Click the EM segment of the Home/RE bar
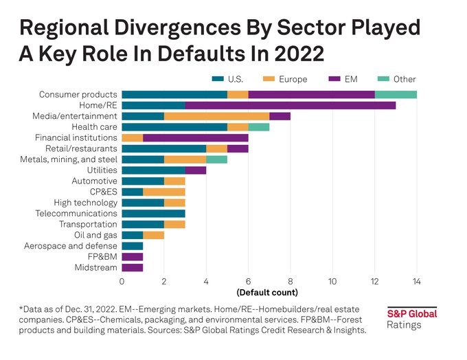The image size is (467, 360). coord(290,105)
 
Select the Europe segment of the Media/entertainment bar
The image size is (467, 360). coord(216,116)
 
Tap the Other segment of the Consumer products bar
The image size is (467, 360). coord(396,94)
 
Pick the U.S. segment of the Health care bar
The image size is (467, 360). coord(174,127)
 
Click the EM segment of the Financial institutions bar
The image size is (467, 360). coord(195,138)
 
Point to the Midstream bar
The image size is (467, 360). coord(132,267)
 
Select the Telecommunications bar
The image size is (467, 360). coord(153,213)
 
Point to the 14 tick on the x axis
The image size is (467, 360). coord(416,280)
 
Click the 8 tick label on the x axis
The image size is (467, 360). coord(291,280)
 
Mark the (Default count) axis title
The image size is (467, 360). coord(269,292)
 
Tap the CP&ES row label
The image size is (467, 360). coord(104,192)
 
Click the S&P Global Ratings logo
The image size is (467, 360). coord(411,318)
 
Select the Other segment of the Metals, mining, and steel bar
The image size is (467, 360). coord(216,159)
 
